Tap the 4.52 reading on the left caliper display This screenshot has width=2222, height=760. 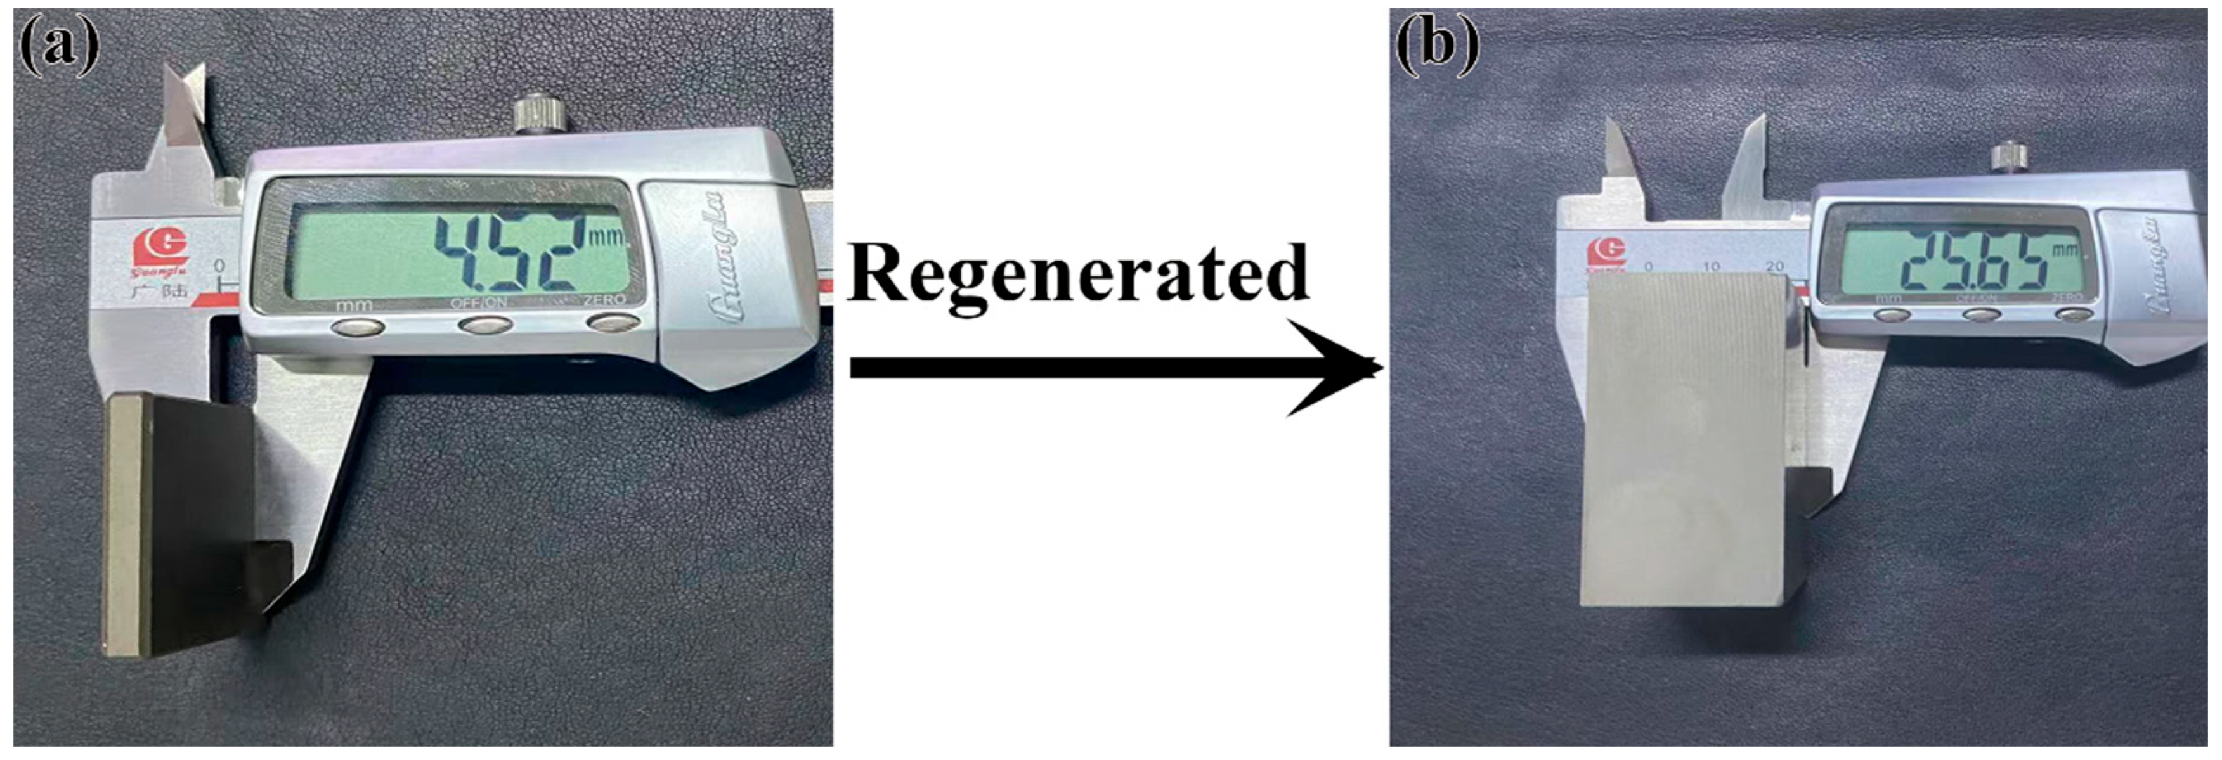(509, 254)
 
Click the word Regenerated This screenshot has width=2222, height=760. (1078, 274)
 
